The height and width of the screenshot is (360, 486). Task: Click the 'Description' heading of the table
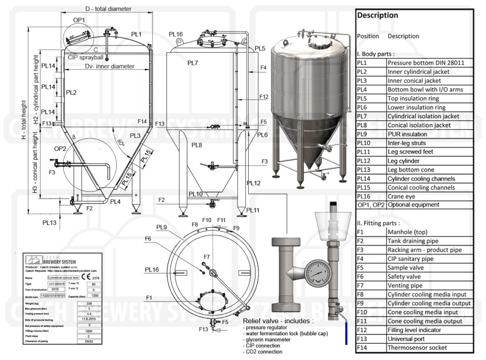pos(378,15)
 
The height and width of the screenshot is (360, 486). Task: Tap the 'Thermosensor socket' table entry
pos(417,348)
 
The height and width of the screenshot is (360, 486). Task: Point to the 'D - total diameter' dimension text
pos(108,9)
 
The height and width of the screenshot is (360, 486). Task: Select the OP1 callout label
pos(79,19)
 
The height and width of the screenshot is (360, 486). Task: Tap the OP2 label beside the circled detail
pos(60,148)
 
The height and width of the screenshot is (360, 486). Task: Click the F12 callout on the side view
pos(264,97)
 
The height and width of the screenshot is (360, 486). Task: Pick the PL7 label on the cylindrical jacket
pos(193,63)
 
